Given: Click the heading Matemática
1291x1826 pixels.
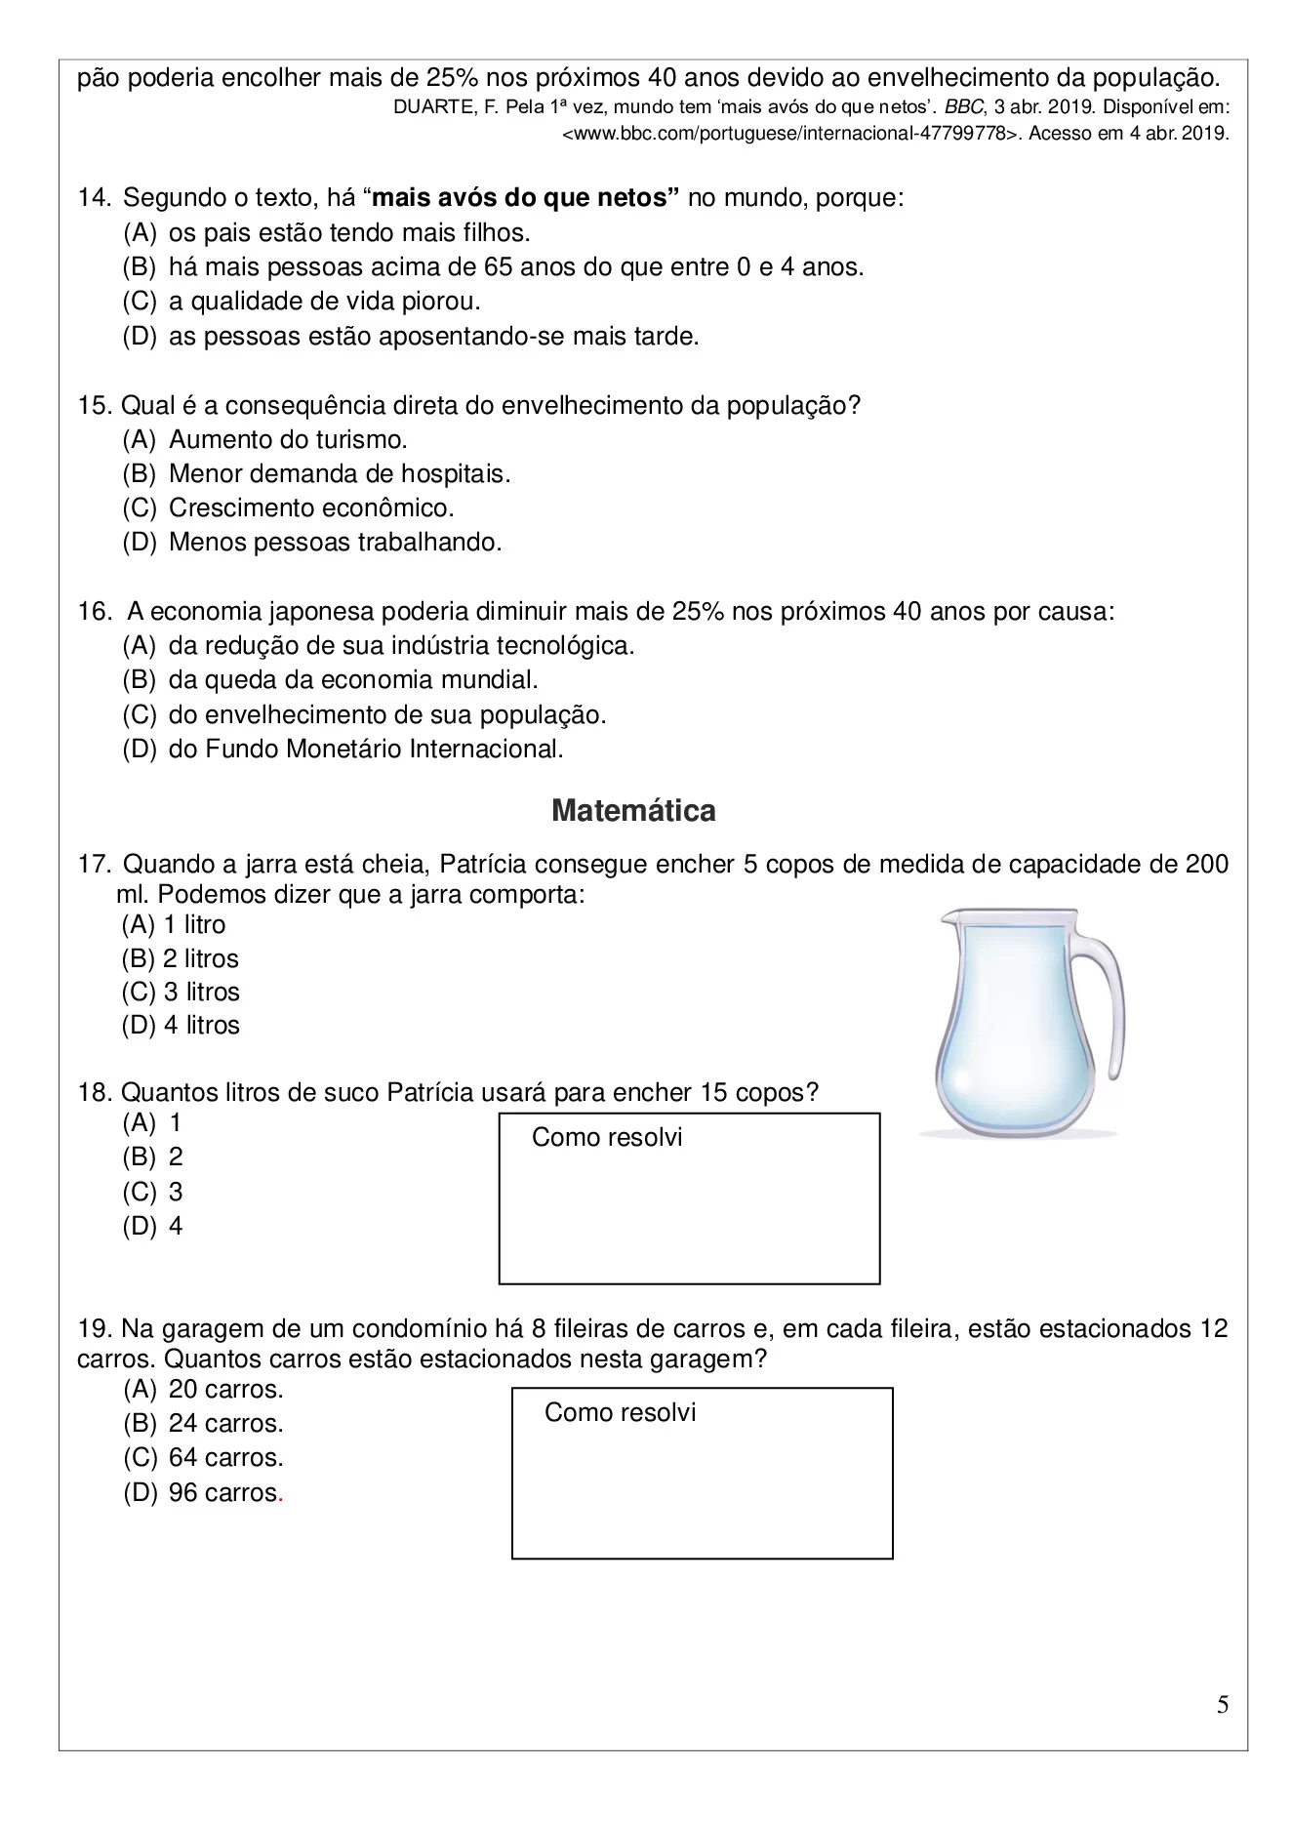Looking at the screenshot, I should coord(632,810).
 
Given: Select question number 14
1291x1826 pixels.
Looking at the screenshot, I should coord(94,198).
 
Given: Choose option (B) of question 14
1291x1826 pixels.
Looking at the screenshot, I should coord(493,266).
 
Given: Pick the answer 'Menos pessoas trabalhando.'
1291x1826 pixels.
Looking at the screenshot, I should coord(335,543).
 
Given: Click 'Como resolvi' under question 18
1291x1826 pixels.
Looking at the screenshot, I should coord(606,1137).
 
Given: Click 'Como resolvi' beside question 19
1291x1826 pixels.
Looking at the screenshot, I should coord(620,1412).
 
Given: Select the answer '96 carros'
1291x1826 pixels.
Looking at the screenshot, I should coord(224,1492).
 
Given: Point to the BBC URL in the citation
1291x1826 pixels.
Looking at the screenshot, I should coord(792,135).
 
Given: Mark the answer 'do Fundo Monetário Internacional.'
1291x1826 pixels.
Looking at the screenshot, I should coord(366,749).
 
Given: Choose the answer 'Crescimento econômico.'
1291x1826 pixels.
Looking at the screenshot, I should coord(311,508).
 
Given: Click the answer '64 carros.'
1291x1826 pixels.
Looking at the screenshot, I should coord(225,1457).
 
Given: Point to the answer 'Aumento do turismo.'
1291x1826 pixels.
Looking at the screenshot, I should coord(288,439).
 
